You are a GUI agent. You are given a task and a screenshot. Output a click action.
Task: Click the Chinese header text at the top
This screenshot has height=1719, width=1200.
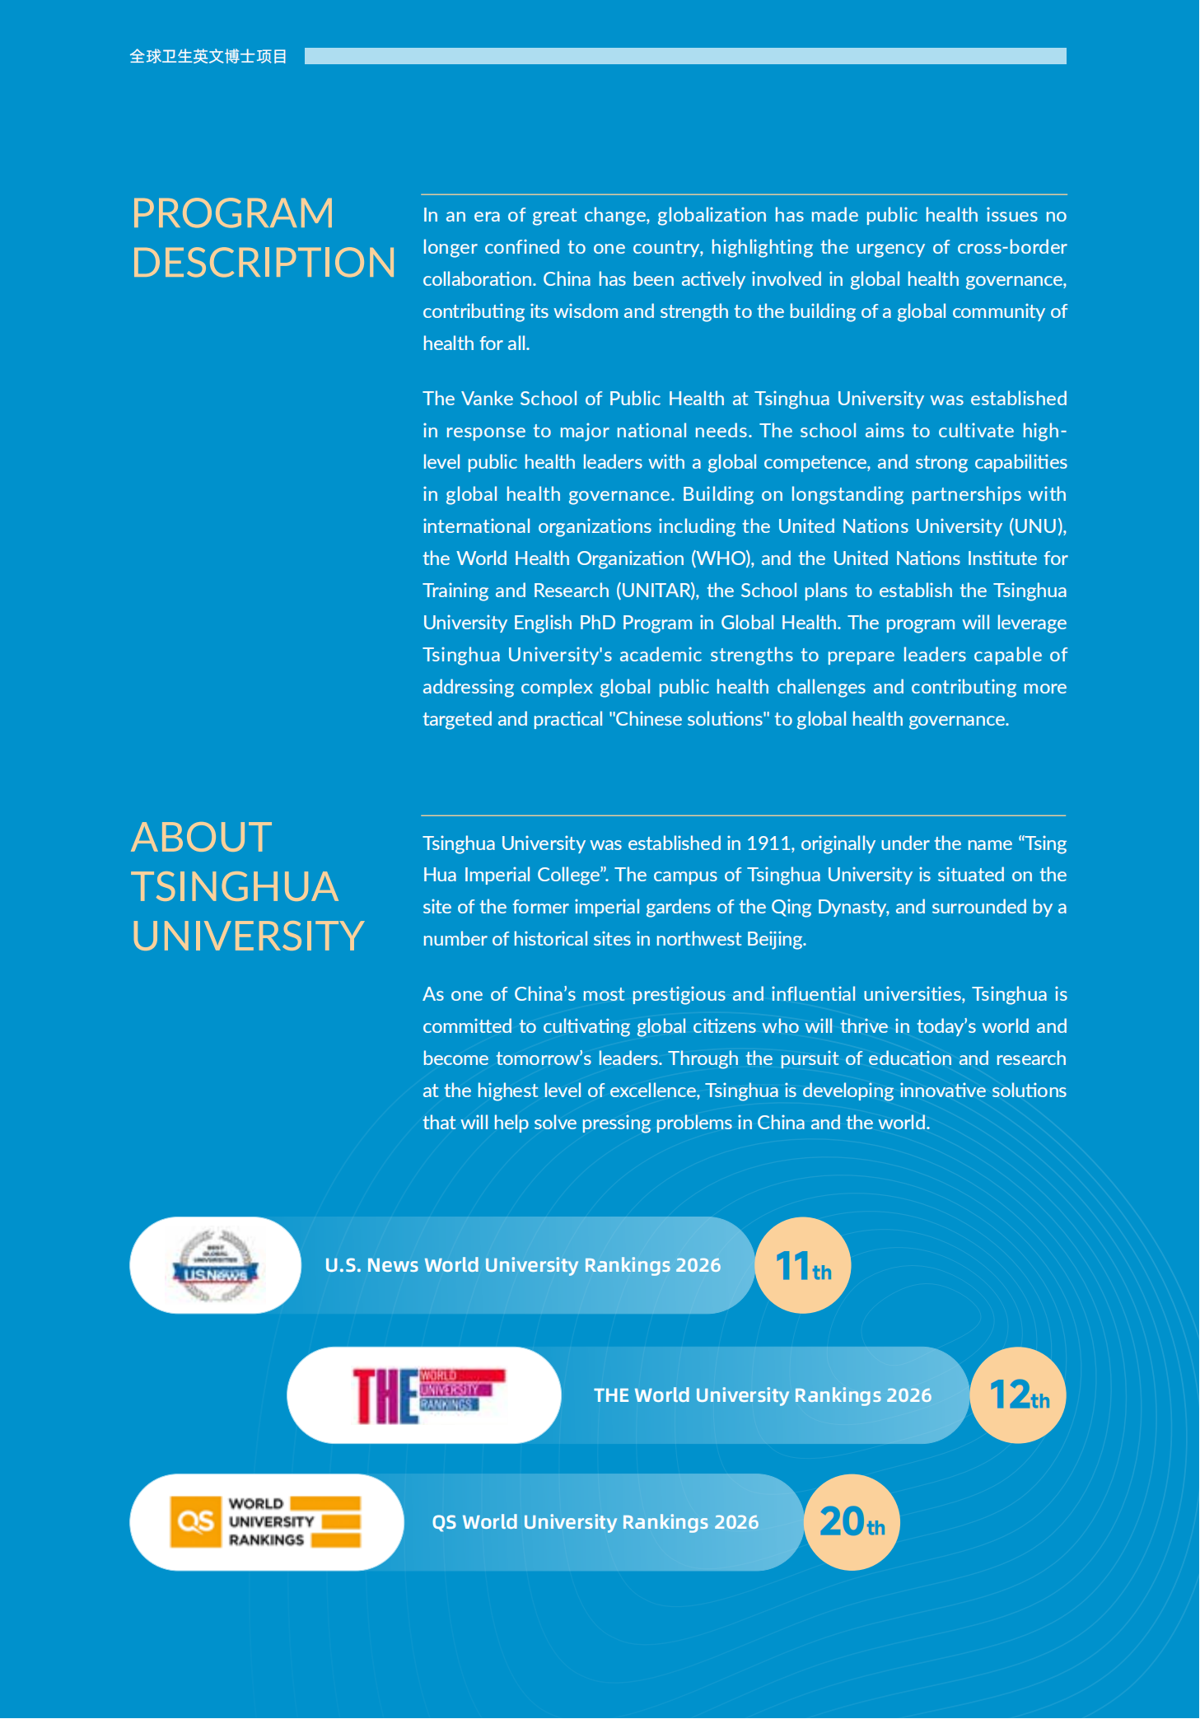[x=208, y=56]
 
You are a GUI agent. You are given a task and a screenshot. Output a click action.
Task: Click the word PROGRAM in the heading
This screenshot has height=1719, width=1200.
[x=233, y=213]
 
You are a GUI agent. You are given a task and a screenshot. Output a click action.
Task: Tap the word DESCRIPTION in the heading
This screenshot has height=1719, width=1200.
[x=264, y=263]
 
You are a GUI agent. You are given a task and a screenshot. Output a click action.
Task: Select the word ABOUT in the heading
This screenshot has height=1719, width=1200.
[x=202, y=838]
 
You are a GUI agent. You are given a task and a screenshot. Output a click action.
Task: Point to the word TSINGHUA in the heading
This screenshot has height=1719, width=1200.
[x=235, y=887]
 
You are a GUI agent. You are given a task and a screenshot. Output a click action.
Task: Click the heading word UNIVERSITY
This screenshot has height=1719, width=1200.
[x=247, y=937]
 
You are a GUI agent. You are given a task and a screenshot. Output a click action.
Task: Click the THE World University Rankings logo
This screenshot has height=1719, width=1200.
[x=426, y=1395]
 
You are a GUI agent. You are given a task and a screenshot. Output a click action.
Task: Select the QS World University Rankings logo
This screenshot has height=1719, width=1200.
[x=265, y=1522]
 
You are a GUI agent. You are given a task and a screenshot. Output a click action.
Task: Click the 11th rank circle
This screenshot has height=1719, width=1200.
[x=803, y=1266]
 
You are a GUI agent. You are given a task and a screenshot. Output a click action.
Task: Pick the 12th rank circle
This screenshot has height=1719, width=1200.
[x=1018, y=1395]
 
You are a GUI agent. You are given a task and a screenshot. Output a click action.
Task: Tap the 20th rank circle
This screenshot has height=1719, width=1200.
[x=852, y=1522]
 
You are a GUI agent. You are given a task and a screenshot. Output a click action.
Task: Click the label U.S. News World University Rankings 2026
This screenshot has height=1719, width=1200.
[x=522, y=1265]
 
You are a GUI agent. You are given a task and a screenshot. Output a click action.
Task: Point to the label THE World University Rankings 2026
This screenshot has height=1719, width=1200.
[x=763, y=1395]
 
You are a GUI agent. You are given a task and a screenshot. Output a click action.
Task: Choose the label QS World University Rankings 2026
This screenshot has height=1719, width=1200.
[x=595, y=1522]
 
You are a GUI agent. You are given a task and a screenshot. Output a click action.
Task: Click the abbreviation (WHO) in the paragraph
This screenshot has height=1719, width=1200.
[x=721, y=558]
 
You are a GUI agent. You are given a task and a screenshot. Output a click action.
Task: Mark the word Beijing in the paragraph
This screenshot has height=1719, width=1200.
[x=775, y=939]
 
